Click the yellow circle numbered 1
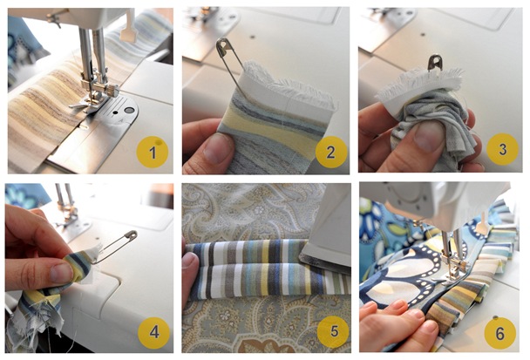(x=153, y=153)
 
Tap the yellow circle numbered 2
(x=330, y=153)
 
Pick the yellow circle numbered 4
(x=153, y=332)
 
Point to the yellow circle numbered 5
(x=330, y=332)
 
